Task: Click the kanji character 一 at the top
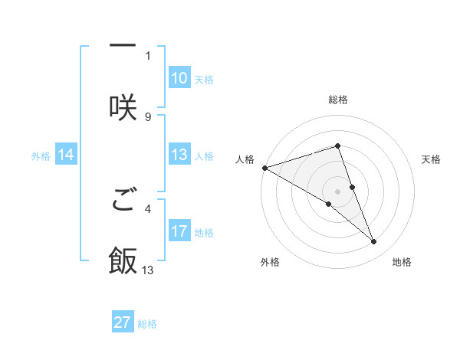pos(123,45)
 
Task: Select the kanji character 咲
pos(123,107)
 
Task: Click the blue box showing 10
pos(179,78)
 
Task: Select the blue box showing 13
pos(179,155)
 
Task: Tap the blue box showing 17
pos(179,231)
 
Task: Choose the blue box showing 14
pos(66,155)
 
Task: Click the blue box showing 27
pos(123,322)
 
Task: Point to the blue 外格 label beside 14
pos(41,155)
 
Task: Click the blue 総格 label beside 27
pos(147,323)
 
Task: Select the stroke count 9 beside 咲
pos(148,117)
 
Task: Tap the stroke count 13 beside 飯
pos(148,270)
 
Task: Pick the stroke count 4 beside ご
pos(148,207)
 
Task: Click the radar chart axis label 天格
pos(432,159)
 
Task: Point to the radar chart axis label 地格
pos(402,263)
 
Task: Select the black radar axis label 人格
pos(245,159)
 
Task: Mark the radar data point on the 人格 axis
pos(264,167)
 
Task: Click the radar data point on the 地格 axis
pos(374,242)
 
